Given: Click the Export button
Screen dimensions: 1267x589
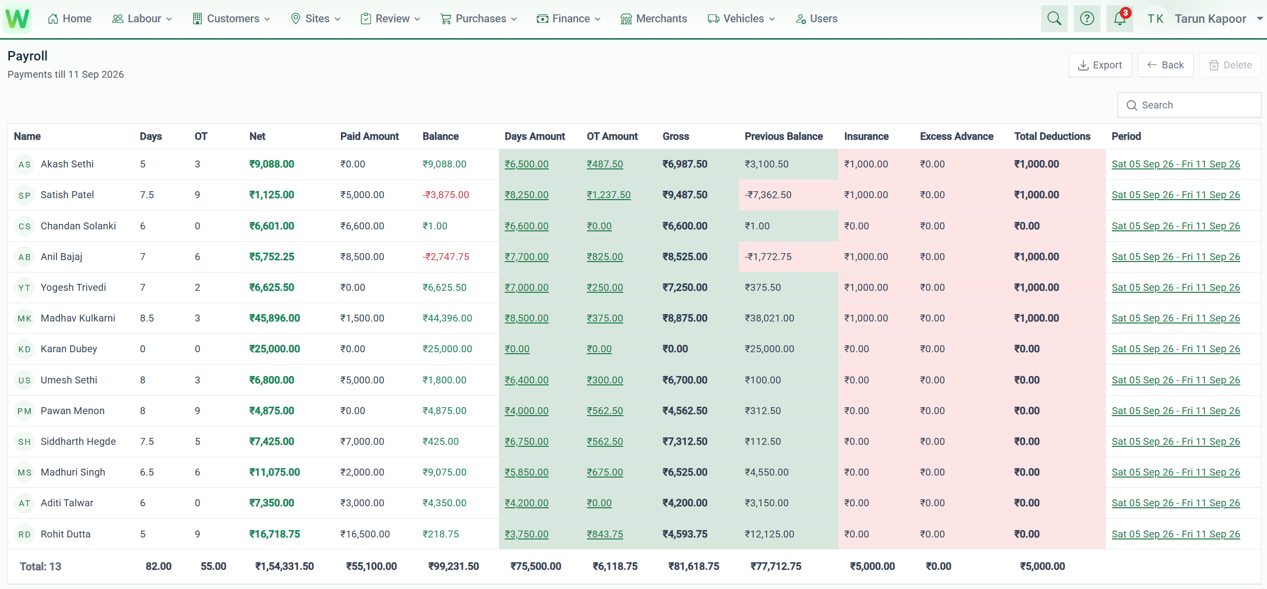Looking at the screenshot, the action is point(1100,65).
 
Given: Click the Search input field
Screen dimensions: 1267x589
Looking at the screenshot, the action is point(1189,105).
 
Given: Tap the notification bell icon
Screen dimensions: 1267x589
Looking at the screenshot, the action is point(1119,19).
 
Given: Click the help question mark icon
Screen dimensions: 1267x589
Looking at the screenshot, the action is point(1087,19).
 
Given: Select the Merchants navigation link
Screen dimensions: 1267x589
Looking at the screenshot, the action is point(654,19).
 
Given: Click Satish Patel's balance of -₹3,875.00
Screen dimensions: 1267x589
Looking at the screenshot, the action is point(445,195).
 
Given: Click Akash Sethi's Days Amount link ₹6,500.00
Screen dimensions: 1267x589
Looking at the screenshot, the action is point(526,164).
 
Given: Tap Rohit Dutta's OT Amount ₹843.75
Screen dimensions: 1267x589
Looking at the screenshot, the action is point(605,535).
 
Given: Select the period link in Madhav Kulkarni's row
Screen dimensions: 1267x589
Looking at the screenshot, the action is point(1175,319).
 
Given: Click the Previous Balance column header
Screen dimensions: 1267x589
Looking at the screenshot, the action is point(783,137).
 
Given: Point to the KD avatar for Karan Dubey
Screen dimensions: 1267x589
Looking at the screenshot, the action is point(24,349).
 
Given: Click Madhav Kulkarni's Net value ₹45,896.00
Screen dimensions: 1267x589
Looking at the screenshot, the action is point(275,319).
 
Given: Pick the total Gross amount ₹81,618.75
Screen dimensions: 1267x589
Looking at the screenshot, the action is point(693,567).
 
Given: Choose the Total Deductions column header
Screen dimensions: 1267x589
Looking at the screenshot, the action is point(1052,137).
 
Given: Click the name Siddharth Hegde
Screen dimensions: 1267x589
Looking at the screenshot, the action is point(78,442).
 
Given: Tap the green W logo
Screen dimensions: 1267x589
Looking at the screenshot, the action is point(17,19).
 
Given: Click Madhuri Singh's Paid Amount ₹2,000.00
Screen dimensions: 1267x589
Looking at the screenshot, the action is point(362,473).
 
